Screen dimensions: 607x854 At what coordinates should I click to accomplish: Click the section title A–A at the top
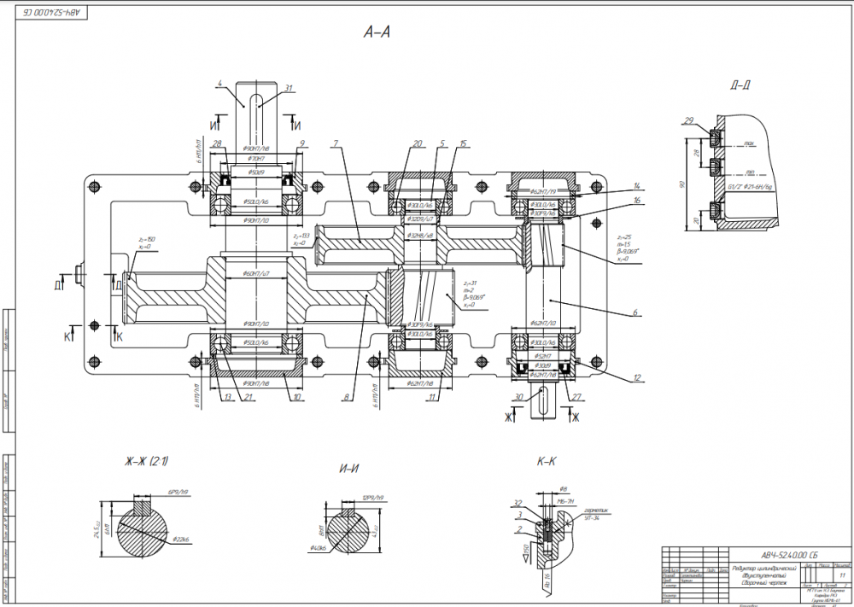(377, 32)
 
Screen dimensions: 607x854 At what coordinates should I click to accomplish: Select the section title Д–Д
(740, 85)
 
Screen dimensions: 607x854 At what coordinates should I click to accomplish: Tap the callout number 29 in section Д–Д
(688, 121)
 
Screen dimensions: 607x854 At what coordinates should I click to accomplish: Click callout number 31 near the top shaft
(289, 89)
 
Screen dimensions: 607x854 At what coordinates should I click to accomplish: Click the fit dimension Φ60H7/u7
(257, 273)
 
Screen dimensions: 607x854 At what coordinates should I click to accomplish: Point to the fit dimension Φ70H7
(256, 159)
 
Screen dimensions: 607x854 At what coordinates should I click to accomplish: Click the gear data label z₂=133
(301, 235)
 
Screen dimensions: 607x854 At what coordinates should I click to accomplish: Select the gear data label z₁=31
(467, 283)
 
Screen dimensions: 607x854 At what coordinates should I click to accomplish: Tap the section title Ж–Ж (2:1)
(146, 462)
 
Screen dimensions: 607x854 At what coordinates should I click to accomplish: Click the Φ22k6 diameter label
(179, 539)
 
